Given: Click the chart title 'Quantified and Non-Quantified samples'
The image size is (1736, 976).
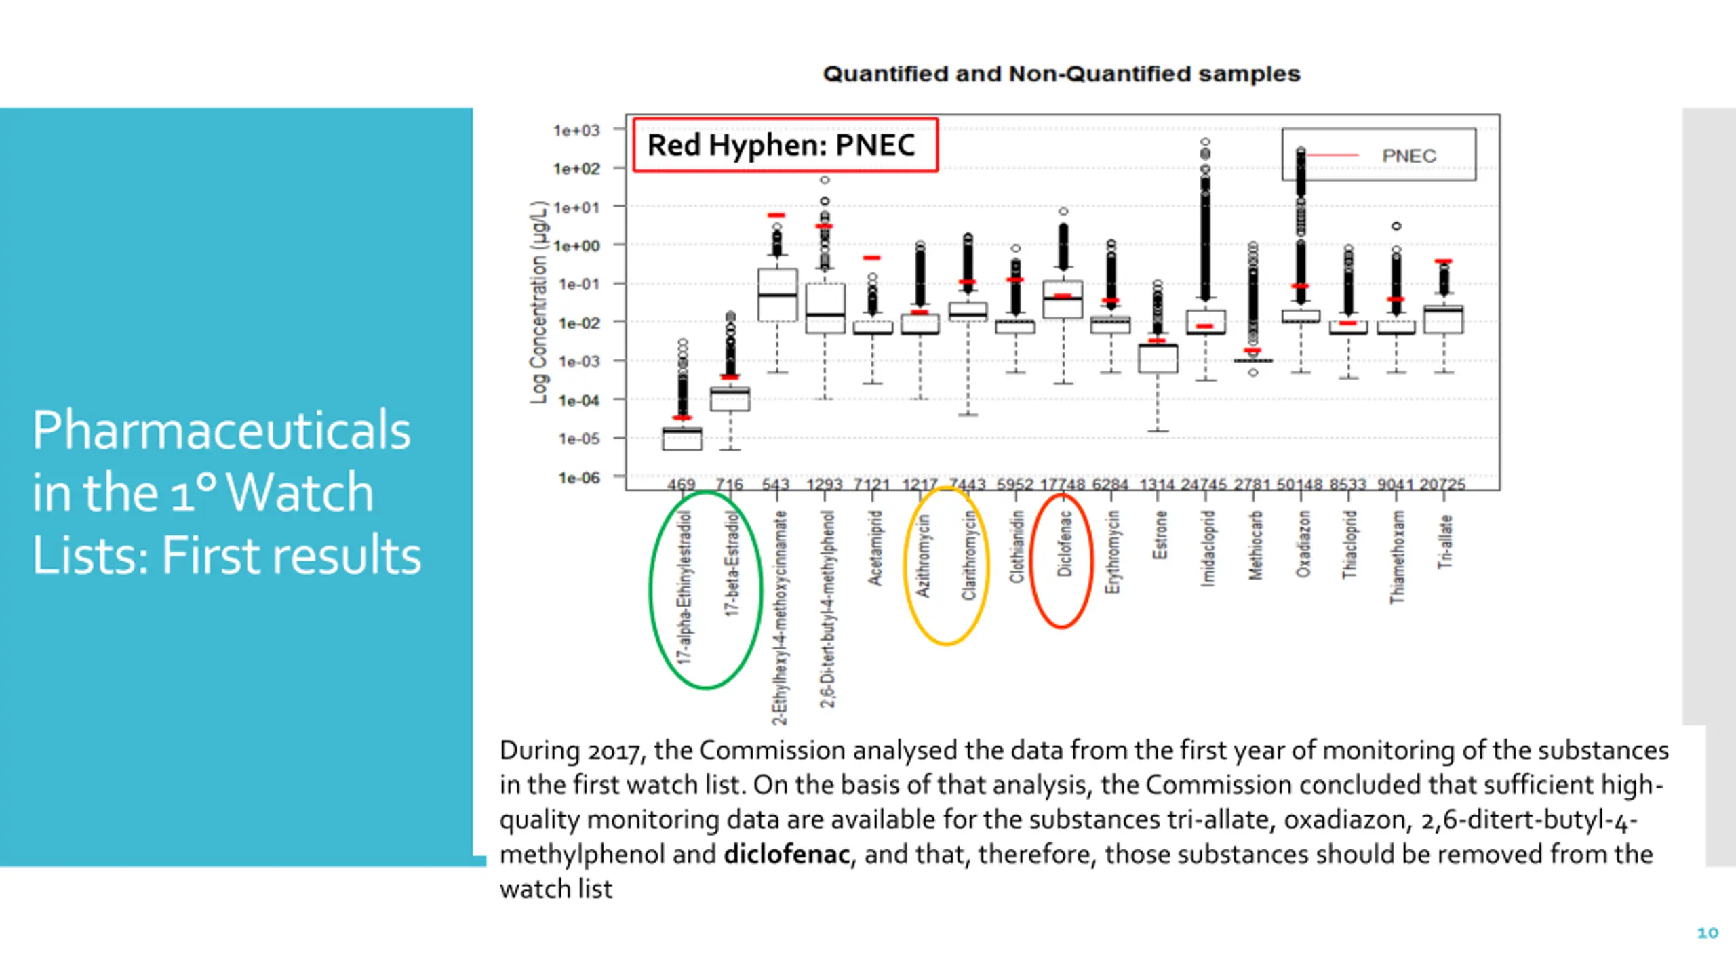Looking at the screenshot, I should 1061,74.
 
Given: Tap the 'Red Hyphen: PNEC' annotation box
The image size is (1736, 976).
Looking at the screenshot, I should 785,145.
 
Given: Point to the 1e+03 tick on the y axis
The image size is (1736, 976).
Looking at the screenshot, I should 577,129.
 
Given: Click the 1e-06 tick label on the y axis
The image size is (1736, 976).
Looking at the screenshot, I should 578,478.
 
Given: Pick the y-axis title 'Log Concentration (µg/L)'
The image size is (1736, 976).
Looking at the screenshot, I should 538,302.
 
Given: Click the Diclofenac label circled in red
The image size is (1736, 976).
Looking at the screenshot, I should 1064,544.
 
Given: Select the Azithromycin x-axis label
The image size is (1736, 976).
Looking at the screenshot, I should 922,556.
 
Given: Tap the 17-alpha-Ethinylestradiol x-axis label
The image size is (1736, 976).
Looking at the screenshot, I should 685,586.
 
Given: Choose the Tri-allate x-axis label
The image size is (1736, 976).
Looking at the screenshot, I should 1445,542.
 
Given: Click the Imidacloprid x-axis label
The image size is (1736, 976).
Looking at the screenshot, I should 1207,548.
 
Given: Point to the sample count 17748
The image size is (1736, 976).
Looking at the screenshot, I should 1063,484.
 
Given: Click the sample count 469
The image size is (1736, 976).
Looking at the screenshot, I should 682,484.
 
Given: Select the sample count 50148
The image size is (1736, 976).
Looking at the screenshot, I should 1300,484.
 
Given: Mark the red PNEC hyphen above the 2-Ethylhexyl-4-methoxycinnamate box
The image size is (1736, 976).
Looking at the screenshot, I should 776,216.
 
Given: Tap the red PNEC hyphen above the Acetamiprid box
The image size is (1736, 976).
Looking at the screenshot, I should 872,258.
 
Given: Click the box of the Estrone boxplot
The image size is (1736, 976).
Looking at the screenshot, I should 1158,359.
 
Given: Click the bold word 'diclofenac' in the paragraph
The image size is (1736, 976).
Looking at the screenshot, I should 787,854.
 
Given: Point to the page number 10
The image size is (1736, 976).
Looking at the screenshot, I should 1708,933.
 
